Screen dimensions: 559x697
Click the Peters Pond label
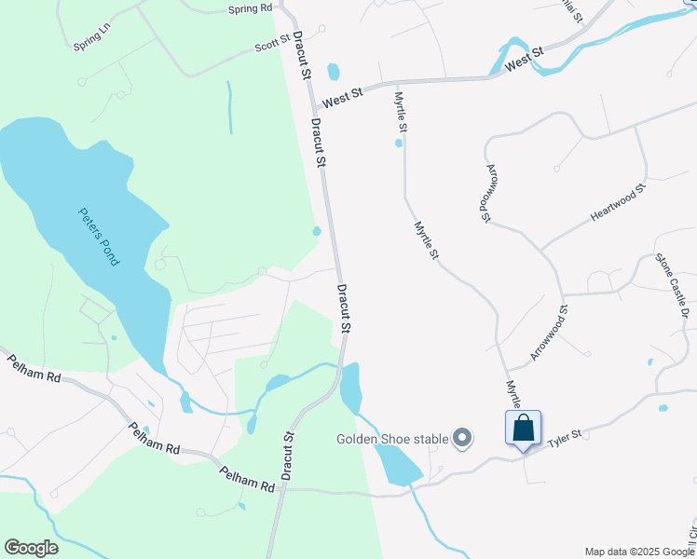coord(99,235)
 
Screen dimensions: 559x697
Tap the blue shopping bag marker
coord(524,429)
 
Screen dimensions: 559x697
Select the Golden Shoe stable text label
coord(392,438)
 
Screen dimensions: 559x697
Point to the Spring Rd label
coord(251,8)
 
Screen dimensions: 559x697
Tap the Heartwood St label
coord(618,204)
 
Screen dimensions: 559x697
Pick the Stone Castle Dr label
coord(671,286)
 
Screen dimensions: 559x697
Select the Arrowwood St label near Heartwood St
coord(487,195)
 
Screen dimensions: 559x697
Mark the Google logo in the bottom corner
coord(31,548)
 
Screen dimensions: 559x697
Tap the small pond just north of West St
coord(334,71)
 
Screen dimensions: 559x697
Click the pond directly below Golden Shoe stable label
coord(400,465)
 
